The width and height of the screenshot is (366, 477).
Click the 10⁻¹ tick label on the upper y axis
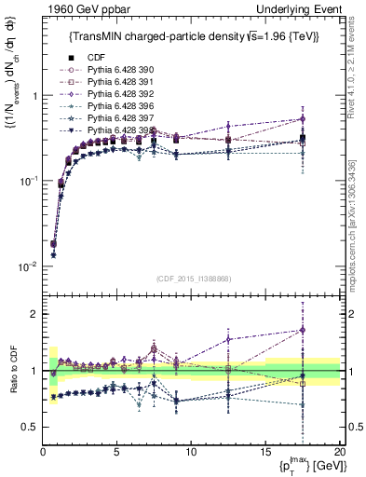pos(28,182)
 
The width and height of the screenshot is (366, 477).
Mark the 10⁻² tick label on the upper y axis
pos(28,266)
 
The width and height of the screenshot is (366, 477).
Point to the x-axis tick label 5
pos(116,452)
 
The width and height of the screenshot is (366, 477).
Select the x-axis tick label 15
pos(264,452)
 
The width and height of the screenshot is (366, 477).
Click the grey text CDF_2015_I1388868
pos(192,278)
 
